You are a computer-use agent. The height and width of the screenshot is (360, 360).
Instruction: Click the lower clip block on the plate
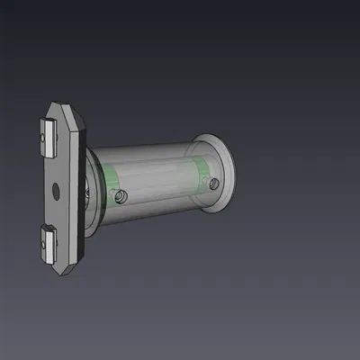[49, 242]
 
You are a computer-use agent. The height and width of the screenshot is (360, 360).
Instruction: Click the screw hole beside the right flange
[213, 183]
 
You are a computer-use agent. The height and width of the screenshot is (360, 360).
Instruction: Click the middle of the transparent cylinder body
[157, 180]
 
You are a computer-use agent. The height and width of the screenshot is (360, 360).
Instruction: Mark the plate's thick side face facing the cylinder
[79, 189]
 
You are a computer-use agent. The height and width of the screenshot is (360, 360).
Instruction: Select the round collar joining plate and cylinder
[89, 189]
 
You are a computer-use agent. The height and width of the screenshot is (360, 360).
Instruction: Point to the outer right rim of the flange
[234, 171]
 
